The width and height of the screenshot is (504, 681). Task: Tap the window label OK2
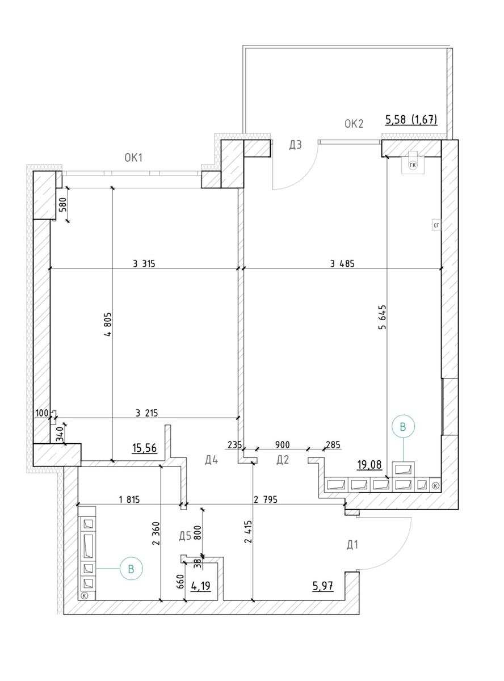point(354,124)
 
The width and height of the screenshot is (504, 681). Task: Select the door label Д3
point(295,145)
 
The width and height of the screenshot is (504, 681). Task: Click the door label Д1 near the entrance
point(352,545)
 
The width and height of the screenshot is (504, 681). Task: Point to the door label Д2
point(283,460)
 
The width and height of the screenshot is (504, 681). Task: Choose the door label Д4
point(212,460)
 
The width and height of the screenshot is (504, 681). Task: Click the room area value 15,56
point(145,448)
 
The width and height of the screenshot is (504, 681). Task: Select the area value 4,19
point(201,586)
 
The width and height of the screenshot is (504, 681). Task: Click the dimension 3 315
point(144,263)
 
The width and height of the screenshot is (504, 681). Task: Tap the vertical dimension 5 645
point(382,317)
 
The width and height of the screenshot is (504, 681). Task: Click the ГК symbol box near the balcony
point(413,165)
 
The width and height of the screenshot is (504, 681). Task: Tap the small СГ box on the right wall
point(436,225)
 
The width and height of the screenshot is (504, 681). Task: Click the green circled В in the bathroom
point(131,568)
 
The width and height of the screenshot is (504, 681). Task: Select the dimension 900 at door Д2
point(282,445)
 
